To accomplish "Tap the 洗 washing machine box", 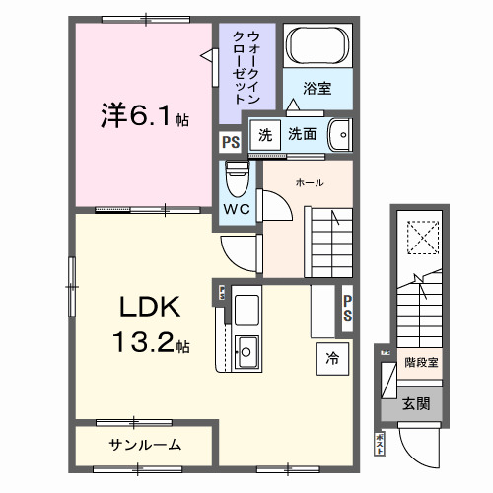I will (x=263, y=133).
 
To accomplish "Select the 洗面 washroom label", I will (x=303, y=133).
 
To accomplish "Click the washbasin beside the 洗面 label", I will (x=338, y=132).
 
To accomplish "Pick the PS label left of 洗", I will (x=230, y=141).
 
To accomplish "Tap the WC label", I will (x=237, y=210).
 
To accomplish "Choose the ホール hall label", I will (x=310, y=181).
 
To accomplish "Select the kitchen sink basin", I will (x=247, y=348).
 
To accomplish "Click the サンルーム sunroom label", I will (x=144, y=445).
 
